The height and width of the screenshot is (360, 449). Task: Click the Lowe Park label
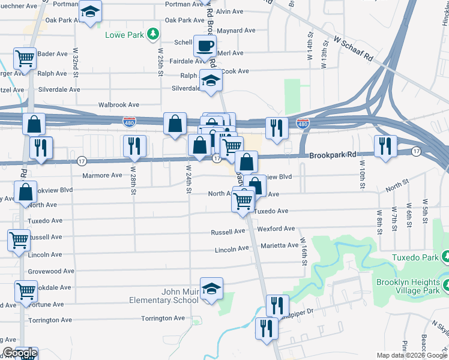tap(125, 35)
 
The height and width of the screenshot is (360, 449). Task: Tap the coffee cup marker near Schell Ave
tap(205, 46)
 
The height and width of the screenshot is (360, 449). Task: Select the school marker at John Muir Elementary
tap(211, 289)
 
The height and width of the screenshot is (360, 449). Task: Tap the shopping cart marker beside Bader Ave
tap(25, 59)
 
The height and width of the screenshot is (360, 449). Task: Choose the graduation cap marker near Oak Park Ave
tap(90, 11)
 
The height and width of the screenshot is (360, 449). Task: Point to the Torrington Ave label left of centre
tap(163, 318)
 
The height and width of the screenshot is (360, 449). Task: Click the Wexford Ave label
tap(276, 229)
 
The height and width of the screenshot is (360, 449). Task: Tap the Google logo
tap(19, 353)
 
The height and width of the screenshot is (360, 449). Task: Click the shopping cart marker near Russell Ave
tap(19, 239)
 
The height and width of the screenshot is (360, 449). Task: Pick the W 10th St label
tap(362, 173)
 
